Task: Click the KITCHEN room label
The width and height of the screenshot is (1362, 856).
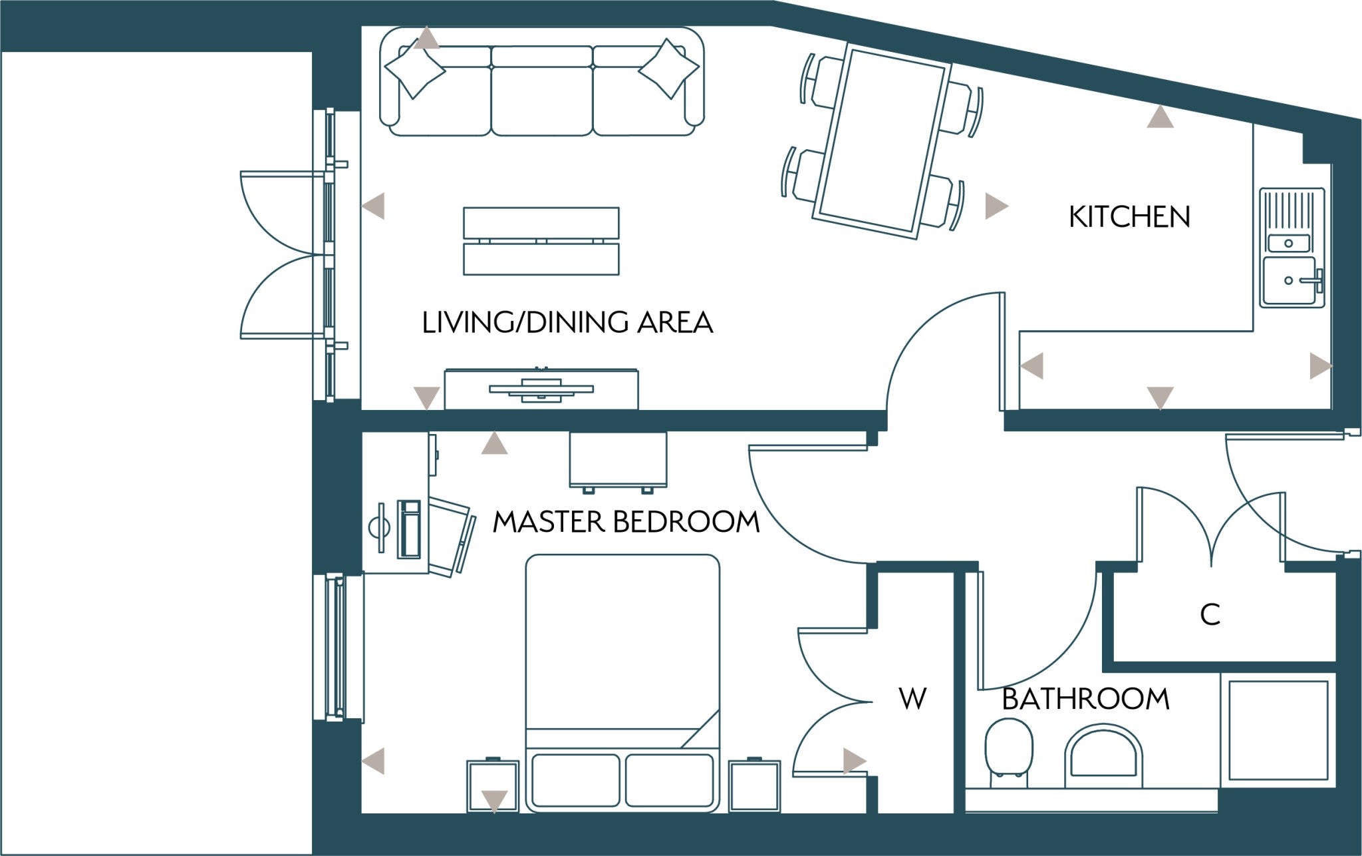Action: [x=1129, y=218]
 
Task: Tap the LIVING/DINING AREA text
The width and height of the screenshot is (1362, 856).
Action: [x=567, y=323]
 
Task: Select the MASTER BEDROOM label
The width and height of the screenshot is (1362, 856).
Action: [x=626, y=522]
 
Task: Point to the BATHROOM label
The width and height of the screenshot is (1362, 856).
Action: [x=1085, y=699]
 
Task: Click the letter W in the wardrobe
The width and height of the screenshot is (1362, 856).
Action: [x=912, y=699]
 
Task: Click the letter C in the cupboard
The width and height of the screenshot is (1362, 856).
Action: [x=1210, y=615]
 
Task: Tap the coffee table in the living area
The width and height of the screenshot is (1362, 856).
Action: [x=541, y=241]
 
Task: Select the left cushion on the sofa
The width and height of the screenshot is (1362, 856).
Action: [x=415, y=68]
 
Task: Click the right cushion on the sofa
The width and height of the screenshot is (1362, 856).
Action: [x=669, y=69]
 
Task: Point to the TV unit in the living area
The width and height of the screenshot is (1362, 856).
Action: [x=541, y=389]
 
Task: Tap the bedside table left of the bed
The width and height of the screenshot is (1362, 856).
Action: [x=493, y=786]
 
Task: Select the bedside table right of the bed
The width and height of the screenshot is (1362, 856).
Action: [x=754, y=786]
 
